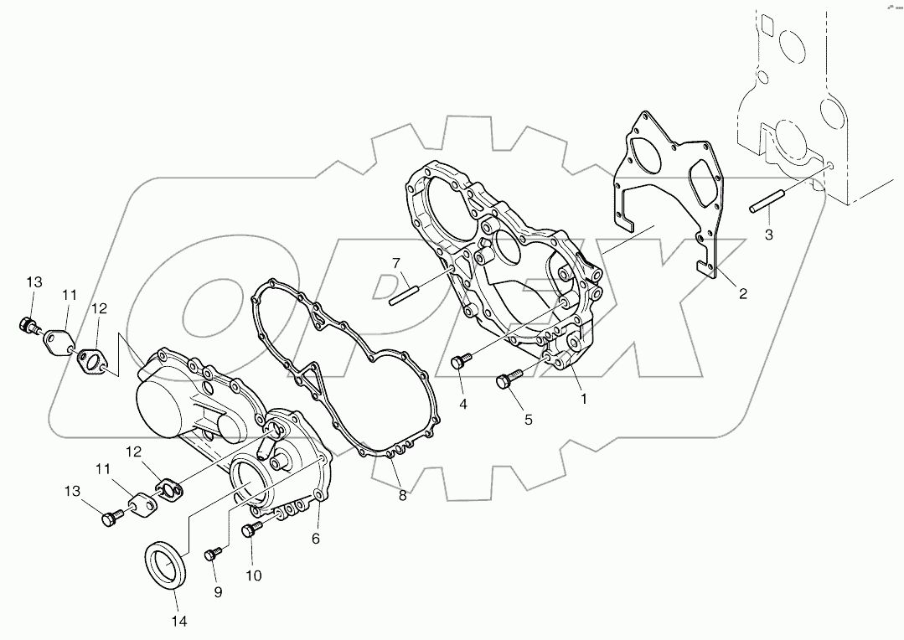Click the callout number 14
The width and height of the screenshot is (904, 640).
pyautogui.click(x=179, y=621)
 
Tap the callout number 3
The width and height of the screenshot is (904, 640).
pyautogui.click(x=768, y=235)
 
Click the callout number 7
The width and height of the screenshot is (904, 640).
pyautogui.click(x=396, y=263)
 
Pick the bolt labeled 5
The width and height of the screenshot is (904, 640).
pyautogui.click(x=507, y=380)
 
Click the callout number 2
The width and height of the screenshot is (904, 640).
pyautogui.click(x=742, y=293)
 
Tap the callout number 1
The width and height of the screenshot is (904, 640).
pyautogui.click(x=584, y=399)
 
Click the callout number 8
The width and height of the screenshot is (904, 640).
pyautogui.click(x=402, y=495)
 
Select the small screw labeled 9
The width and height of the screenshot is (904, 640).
pyautogui.click(x=214, y=554)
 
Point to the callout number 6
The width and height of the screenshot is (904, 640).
pyautogui.click(x=316, y=539)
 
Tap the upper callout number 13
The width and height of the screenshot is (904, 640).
pyautogui.click(x=33, y=282)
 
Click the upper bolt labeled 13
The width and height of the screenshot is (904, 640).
pyautogui.click(x=30, y=325)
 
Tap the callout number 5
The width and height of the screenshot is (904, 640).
pyautogui.click(x=528, y=420)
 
